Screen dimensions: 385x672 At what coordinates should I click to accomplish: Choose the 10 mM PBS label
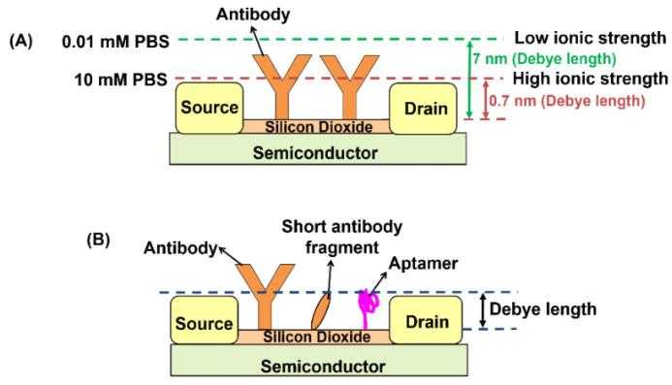(x=122, y=78)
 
